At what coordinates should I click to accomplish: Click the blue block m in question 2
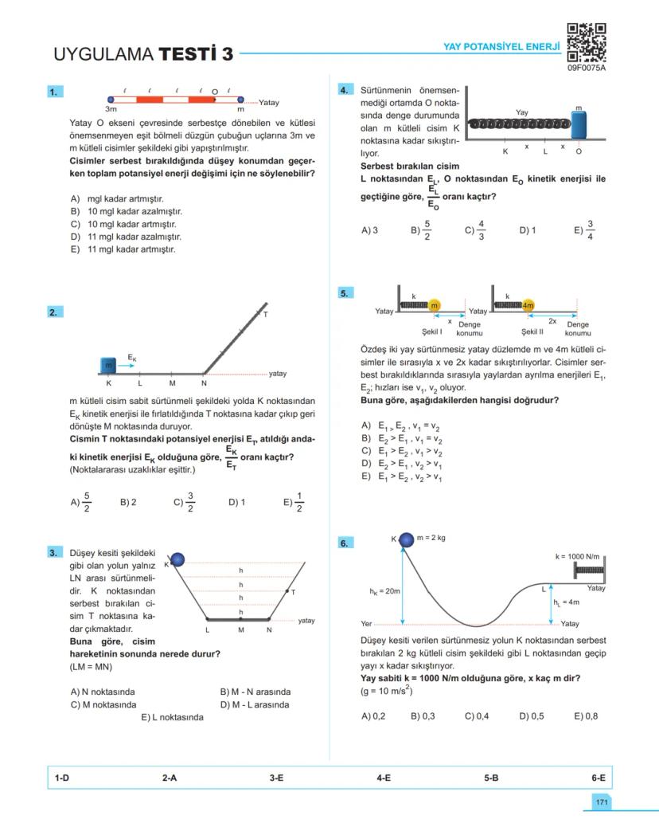click(108, 365)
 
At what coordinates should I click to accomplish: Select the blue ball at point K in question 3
click(177, 560)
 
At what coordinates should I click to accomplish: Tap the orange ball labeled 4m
click(528, 306)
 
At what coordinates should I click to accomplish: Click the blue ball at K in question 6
click(407, 539)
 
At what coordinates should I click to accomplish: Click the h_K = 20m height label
click(384, 591)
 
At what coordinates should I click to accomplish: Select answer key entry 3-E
click(276, 778)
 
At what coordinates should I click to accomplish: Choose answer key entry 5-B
click(491, 778)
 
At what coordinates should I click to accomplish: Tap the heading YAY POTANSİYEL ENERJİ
click(501, 48)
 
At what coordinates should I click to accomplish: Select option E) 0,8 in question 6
click(586, 716)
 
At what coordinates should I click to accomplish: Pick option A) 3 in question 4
click(369, 230)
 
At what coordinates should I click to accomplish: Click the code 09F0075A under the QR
click(587, 69)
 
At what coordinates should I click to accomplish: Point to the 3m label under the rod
click(111, 108)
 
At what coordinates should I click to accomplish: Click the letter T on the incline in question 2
click(265, 314)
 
